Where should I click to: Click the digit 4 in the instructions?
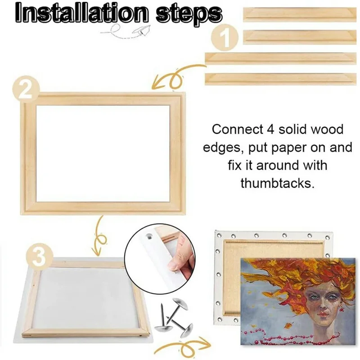[x=266, y=130]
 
